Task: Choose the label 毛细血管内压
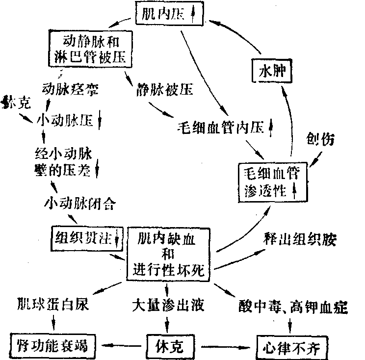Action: (224, 128)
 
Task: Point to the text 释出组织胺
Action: (299, 239)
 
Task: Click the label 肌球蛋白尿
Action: (53, 305)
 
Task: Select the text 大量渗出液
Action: (167, 305)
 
